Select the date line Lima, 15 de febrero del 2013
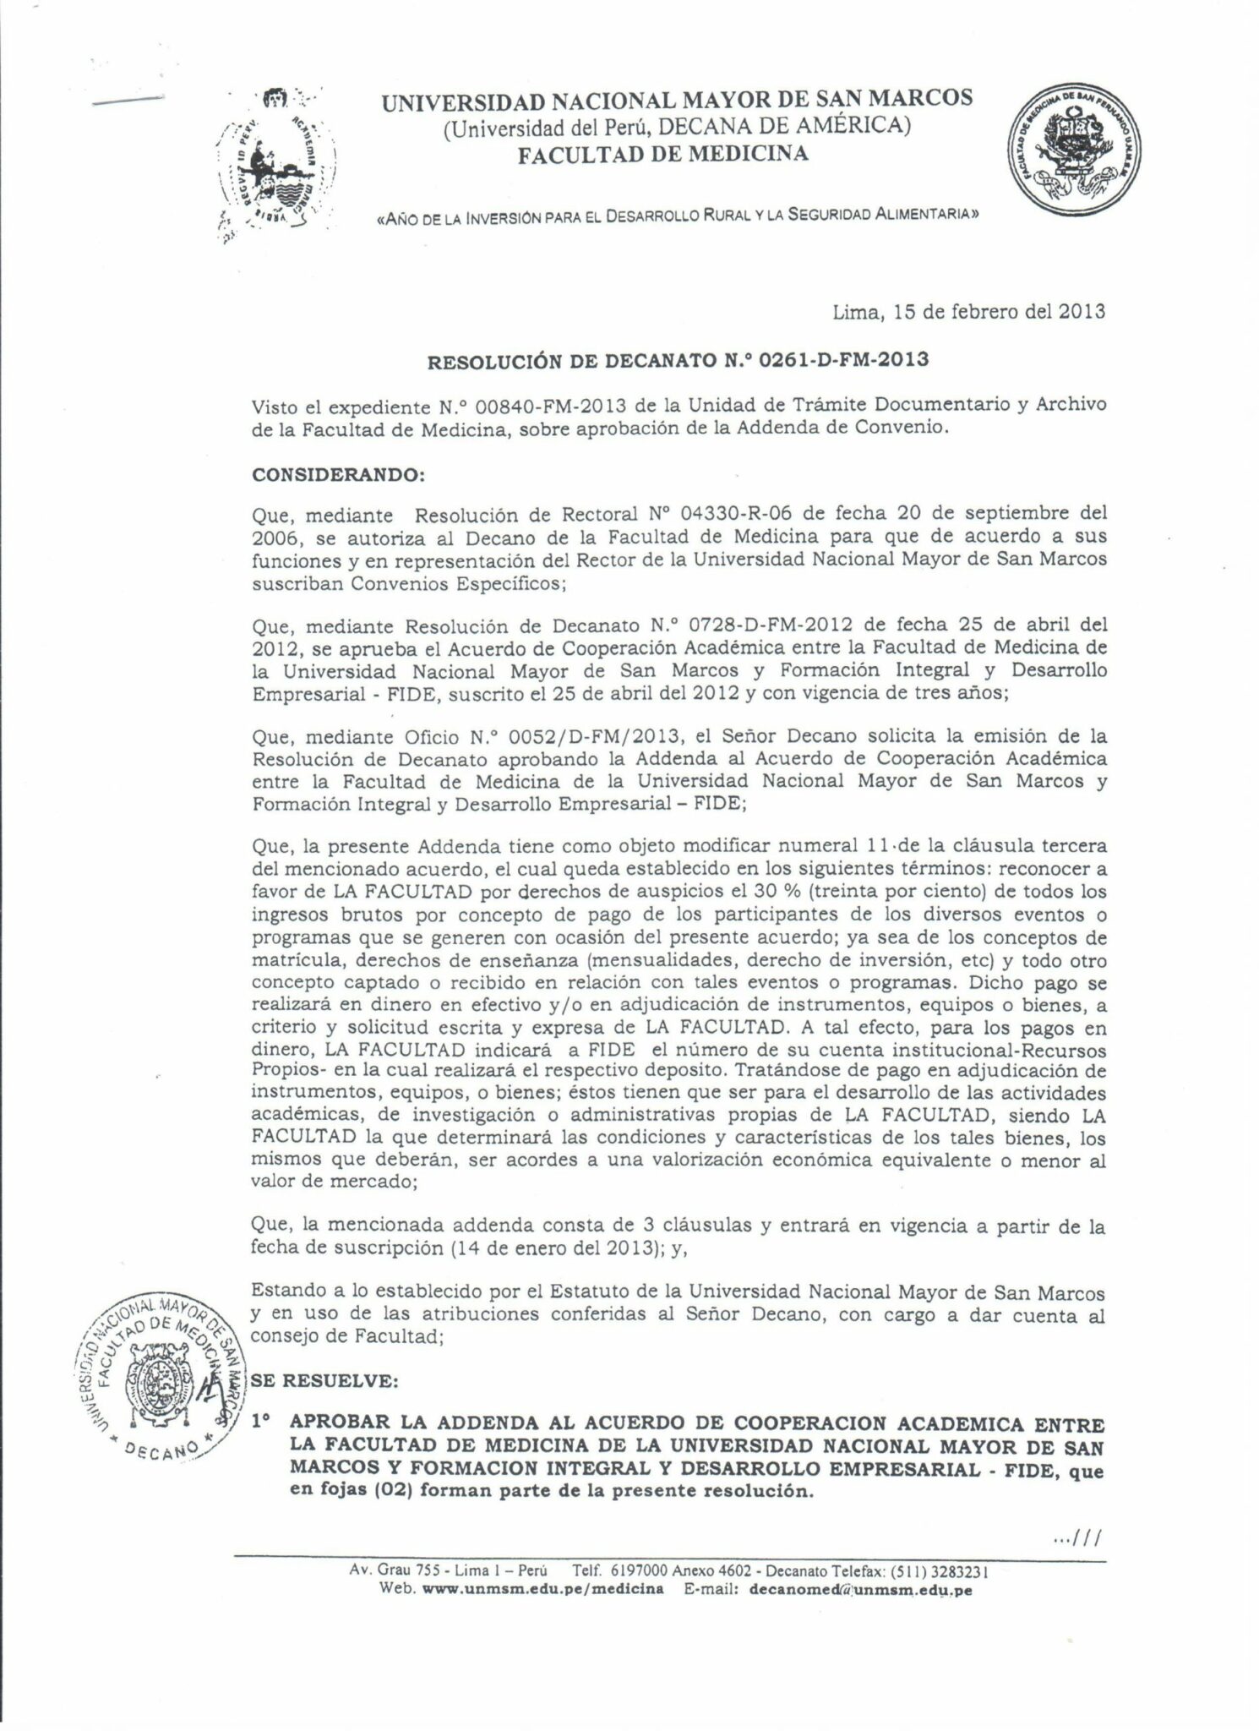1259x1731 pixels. click(969, 311)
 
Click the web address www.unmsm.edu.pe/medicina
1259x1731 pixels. click(542, 1589)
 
